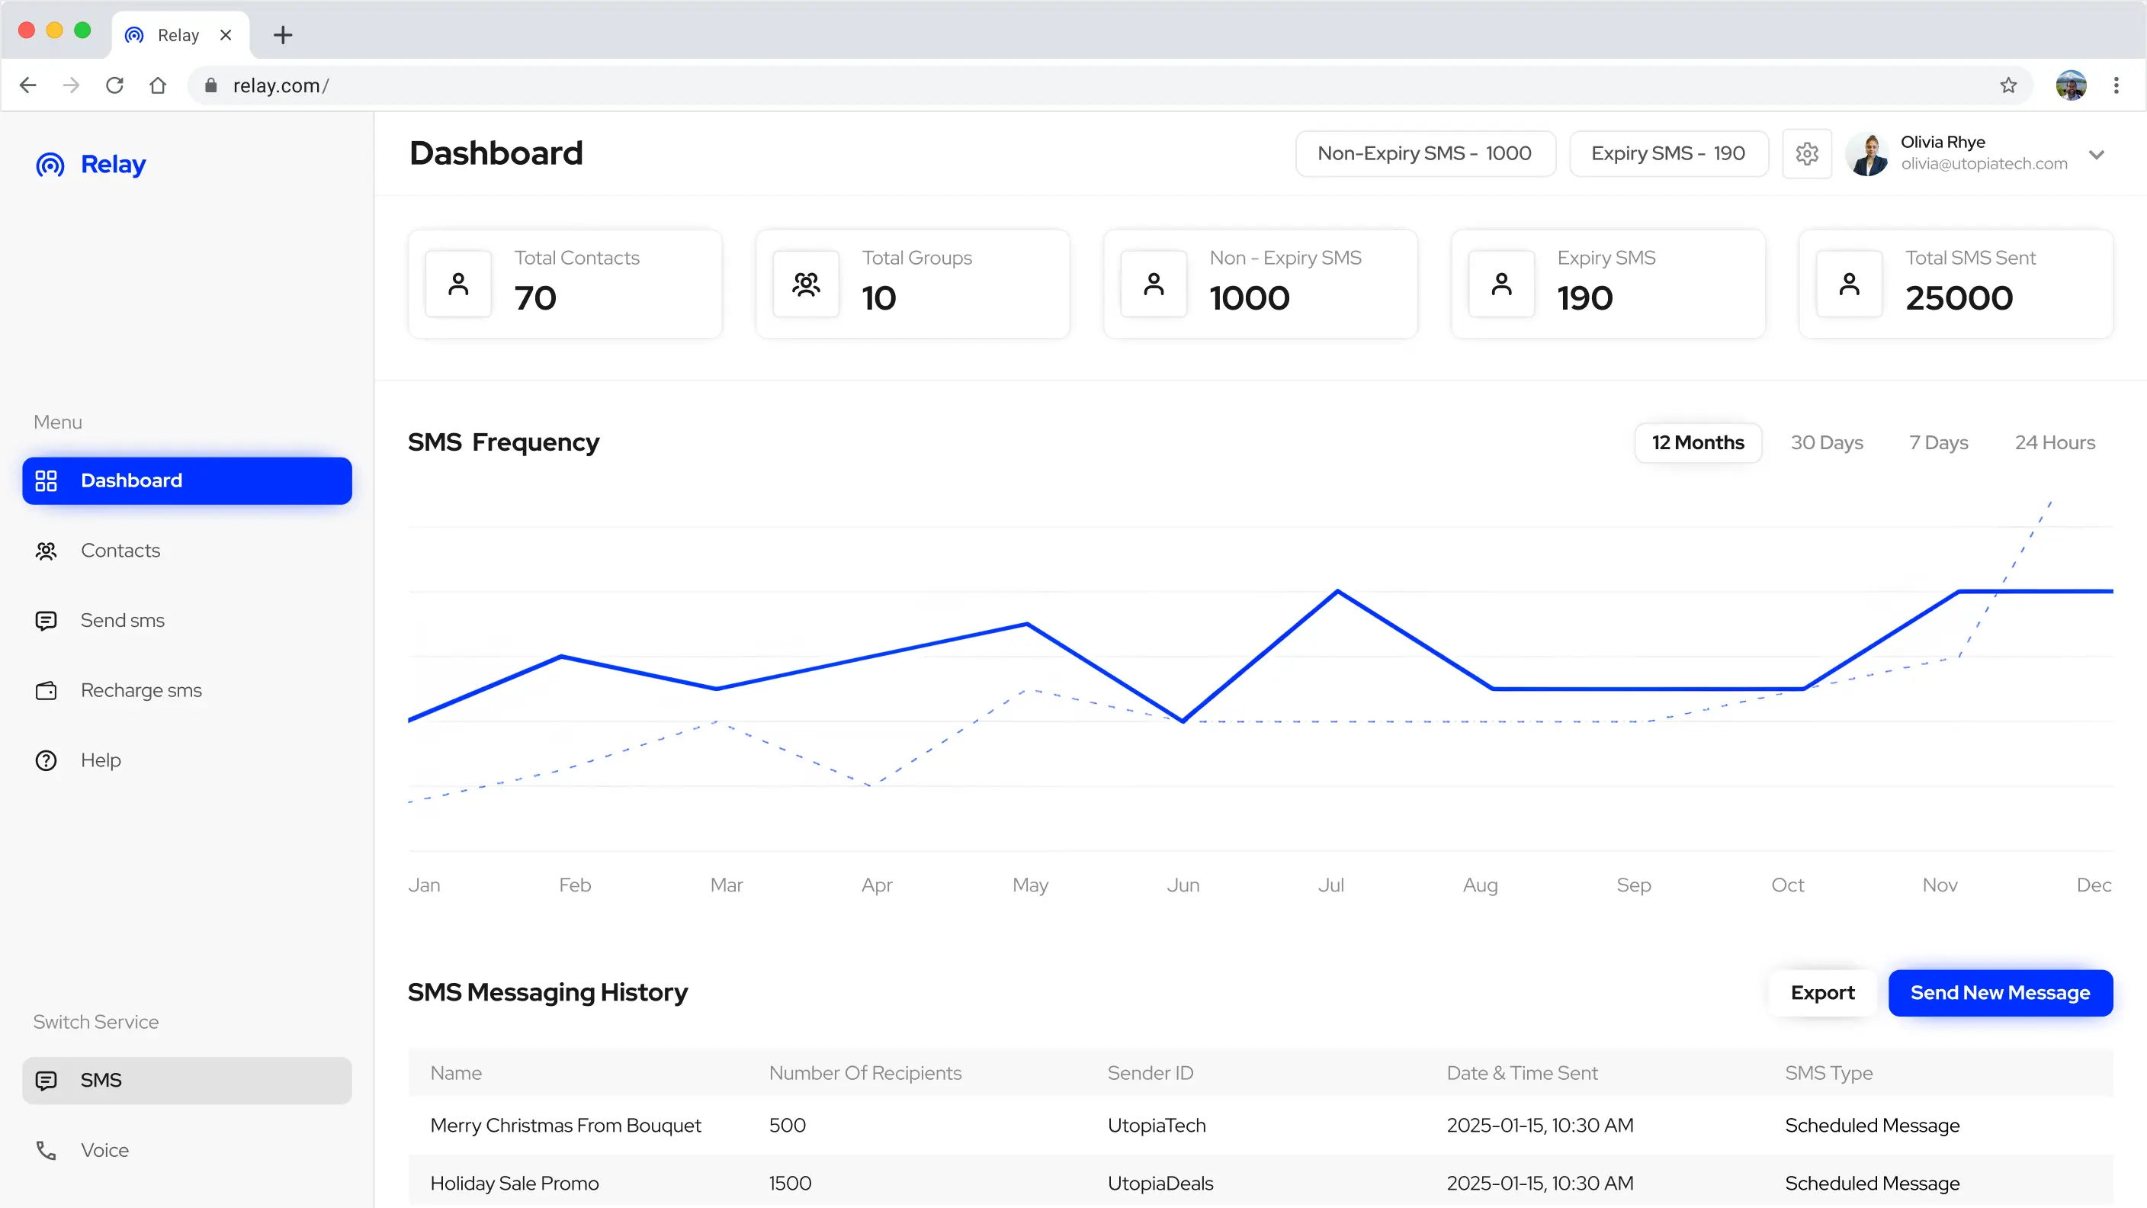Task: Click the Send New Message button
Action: click(2000, 992)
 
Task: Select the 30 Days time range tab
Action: click(1826, 442)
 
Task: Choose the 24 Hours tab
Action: click(2054, 442)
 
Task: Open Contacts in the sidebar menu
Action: click(120, 550)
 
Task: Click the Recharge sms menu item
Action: click(141, 690)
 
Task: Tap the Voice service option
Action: click(104, 1149)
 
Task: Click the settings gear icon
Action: click(1806, 153)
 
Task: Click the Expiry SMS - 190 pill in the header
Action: click(1667, 153)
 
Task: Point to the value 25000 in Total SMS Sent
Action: click(1958, 298)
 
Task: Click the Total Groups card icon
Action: click(805, 284)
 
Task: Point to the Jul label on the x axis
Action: click(1330, 885)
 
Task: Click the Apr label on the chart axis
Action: click(876, 885)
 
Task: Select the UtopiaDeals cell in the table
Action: click(1160, 1183)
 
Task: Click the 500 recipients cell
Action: click(787, 1125)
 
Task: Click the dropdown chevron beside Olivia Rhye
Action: click(2096, 154)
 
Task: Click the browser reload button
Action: click(114, 85)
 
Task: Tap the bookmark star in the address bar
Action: click(2007, 85)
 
